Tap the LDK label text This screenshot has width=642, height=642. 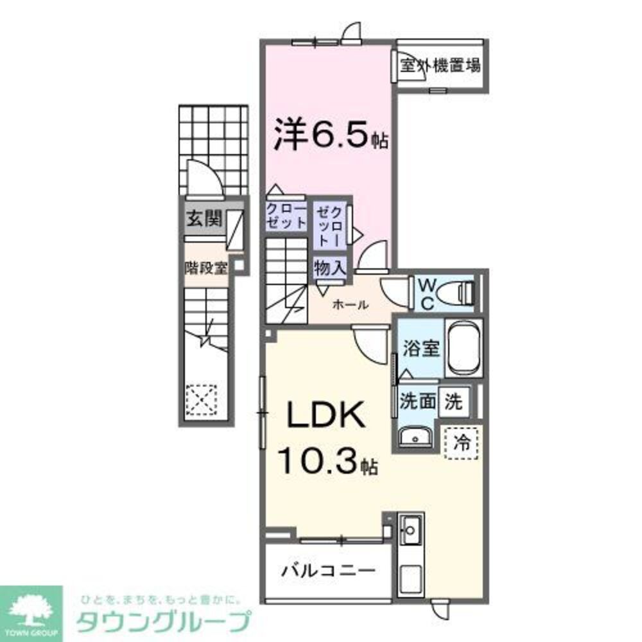point(326,417)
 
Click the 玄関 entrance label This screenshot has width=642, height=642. point(204,218)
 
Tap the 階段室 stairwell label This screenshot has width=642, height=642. point(206,268)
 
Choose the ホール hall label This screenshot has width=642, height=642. point(350,306)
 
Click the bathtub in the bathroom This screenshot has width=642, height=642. point(464,347)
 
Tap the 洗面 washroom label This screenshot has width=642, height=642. point(418,402)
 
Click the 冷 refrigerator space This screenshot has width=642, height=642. point(460,442)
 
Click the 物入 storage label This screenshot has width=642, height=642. point(330,267)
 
